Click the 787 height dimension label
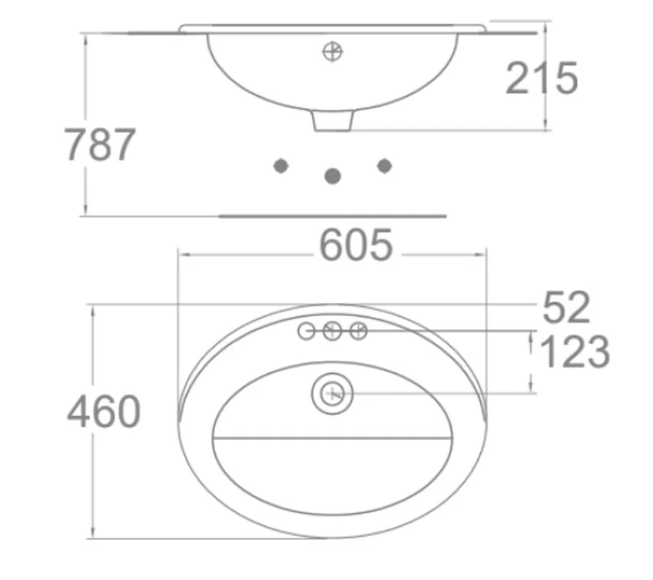pyautogui.click(x=100, y=145)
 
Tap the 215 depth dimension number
pyautogui.click(x=542, y=78)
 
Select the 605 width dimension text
pyautogui.click(x=356, y=245)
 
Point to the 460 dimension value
pyautogui.click(x=104, y=412)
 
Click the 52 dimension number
pyautogui.click(x=566, y=308)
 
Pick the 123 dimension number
pyautogui.click(x=575, y=352)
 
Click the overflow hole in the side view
pyautogui.click(x=333, y=52)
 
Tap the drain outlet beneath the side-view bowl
pyautogui.click(x=333, y=121)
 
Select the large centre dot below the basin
pyautogui.click(x=333, y=176)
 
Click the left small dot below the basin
pyautogui.click(x=280, y=166)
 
